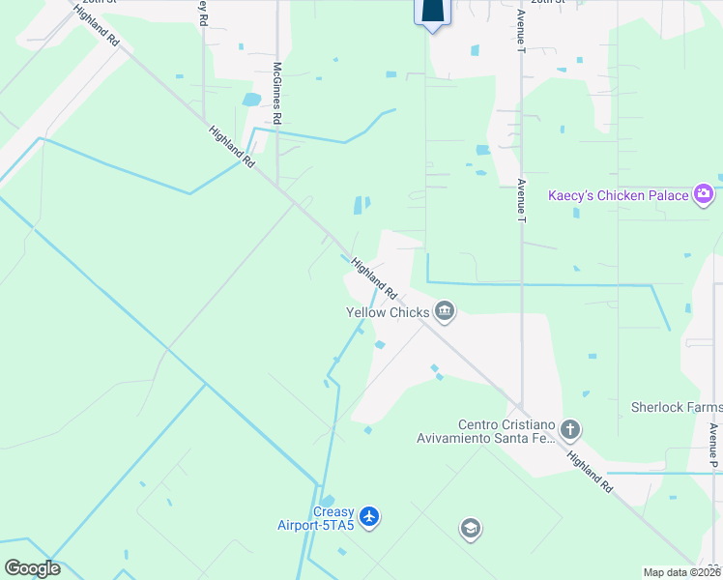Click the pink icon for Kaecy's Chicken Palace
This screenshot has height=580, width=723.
click(x=703, y=194)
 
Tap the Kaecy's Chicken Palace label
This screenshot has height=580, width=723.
click(x=619, y=195)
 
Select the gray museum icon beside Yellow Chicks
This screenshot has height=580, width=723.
click(x=445, y=310)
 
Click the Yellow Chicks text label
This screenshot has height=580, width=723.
click(x=388, y=312)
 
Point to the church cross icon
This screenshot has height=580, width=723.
click(x=570, y=428)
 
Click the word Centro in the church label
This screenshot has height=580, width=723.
click(x=482, y=424)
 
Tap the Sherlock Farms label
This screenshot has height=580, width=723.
click(x=677, y=408)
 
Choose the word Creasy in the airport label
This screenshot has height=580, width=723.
click(x=333, y=512)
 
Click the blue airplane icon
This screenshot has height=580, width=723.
click(x=370, y=518)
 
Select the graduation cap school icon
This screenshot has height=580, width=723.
click(x=470, y=529)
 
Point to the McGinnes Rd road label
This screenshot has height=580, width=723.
click(x=277, y=93)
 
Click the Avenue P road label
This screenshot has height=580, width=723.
click(x=713, y=446)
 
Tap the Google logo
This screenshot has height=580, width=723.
click(x=32, y=568)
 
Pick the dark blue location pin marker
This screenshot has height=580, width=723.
click(x=432, y=12)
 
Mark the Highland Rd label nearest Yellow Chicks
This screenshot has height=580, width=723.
click(x=374, y=277)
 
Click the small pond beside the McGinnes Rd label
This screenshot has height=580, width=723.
click(x=252, y=100)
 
